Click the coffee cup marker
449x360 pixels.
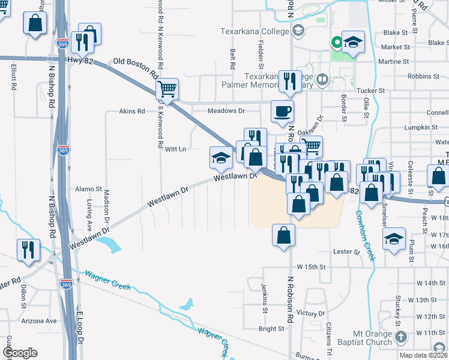pyautogui.click(x=282, y=110)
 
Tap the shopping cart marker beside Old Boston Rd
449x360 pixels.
pyautogui.click(x=167, y=89)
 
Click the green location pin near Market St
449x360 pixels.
pyautogui.click(x=337, y=42)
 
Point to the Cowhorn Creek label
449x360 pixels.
pyautogui.click(x=364, y=235)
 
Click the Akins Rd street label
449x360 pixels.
pyautogui.click(x=132, y=111)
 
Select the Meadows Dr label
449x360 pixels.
pyautogui.click(x=226, y=111)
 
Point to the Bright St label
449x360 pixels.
pyautogui.click(x=271, y=329)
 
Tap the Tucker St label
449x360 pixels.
pyautogui.click(x=370, y=90)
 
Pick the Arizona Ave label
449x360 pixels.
pyautogui.click(x=39, y=321)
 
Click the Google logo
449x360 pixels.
pyautogui.click(x=19, y=353)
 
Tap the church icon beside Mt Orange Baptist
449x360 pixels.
pyautogui.click(x=402, y=337)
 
